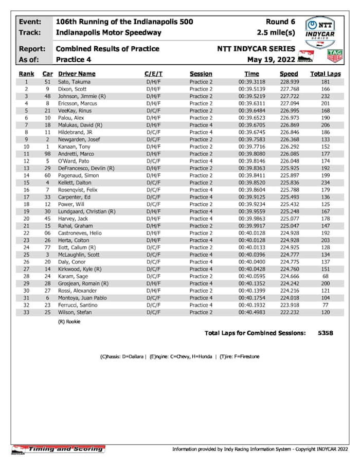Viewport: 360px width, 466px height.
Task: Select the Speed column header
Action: point(289,74)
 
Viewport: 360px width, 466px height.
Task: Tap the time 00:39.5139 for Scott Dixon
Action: point(251,89)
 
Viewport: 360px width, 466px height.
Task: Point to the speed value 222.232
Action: point(289,312)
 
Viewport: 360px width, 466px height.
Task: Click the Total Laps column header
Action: point(325,74)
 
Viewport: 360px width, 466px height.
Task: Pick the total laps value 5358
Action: point(325,333)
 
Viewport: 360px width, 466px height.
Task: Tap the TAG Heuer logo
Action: point(335,56)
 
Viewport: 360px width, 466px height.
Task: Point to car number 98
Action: point(48,154)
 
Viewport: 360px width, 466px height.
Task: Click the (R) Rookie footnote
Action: point(70,321)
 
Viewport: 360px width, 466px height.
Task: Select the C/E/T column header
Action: point(153,74)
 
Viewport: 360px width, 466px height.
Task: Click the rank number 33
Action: point(26,312)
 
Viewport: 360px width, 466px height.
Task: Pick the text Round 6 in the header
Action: point(280,22)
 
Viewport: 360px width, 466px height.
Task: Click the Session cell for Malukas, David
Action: point(201,125)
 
